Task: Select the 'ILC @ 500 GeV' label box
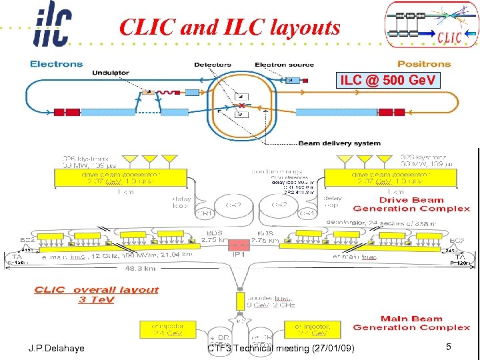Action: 388,81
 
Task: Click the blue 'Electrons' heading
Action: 57,64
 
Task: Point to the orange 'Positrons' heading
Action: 424,64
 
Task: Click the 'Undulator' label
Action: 111,72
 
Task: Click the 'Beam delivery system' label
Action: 339,143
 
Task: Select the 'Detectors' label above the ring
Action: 213,65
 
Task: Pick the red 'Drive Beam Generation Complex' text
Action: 411,204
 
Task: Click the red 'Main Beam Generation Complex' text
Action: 411,323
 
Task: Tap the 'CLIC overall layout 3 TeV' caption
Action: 97,295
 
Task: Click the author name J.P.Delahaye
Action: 56,349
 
